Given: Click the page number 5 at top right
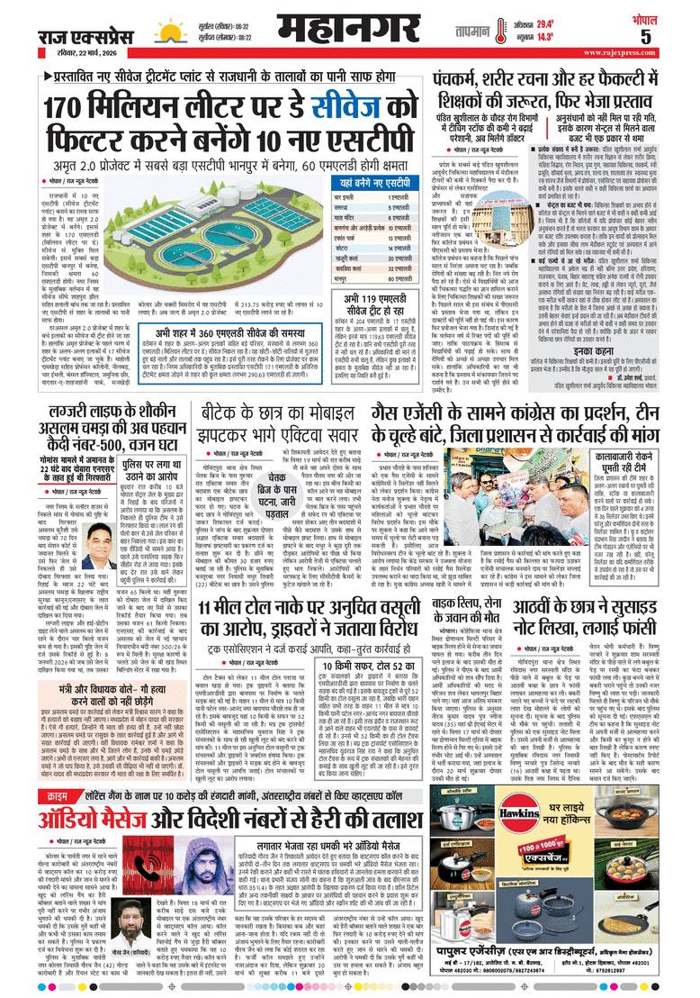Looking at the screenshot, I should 670,37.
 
